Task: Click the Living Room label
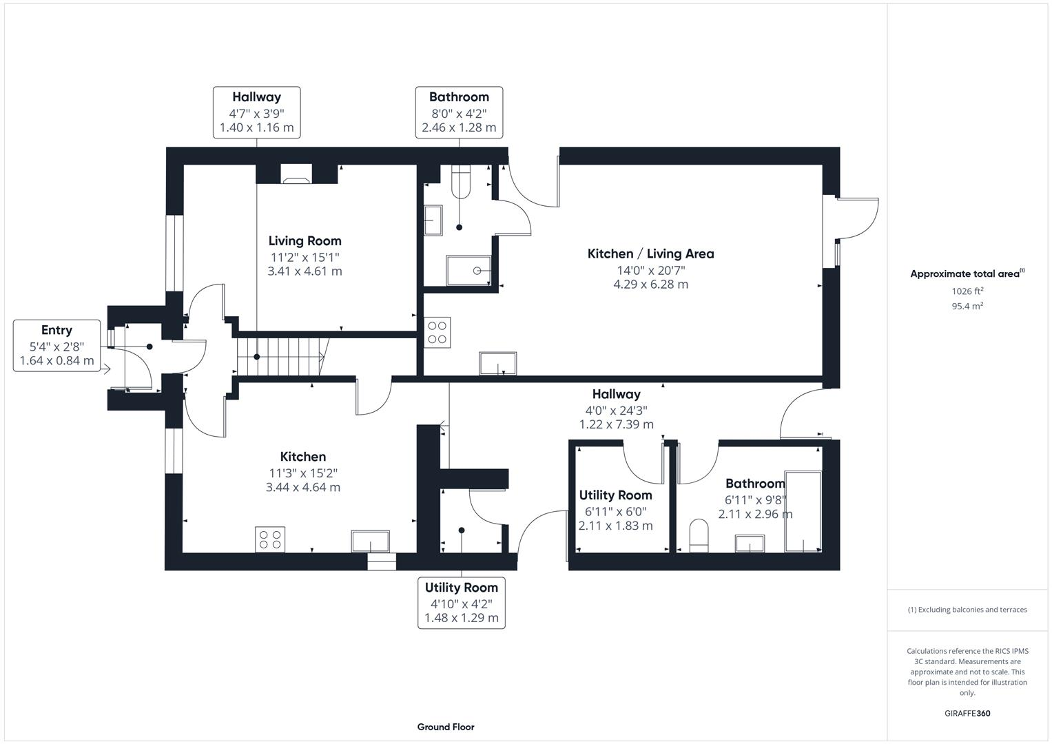click(x=305, y=241)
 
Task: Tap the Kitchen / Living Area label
click(x=650, y=254)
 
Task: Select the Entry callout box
click(x=56, y=346)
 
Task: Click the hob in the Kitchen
click(x=271, y=539)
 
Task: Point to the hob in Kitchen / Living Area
click(x=437, y=331)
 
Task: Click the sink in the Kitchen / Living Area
click(x=497, y=363)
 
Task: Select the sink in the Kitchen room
click(x=371, y=541)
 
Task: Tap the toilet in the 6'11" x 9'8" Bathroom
click(x=699, y=536)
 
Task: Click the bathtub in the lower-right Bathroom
click(x=803, y=511)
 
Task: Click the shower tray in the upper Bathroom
click(x=469, y=271)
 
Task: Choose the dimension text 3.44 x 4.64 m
click(x=303, y=487)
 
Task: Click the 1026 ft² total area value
click(x=967, y=291)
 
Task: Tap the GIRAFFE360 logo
click(x=967, y=713)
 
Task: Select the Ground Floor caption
click(x=446, y=727)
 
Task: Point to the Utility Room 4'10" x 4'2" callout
click(x=461, y=603)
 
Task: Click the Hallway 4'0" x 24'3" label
click(x=617, y=395)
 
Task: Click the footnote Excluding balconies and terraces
click(x=967, y=610)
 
